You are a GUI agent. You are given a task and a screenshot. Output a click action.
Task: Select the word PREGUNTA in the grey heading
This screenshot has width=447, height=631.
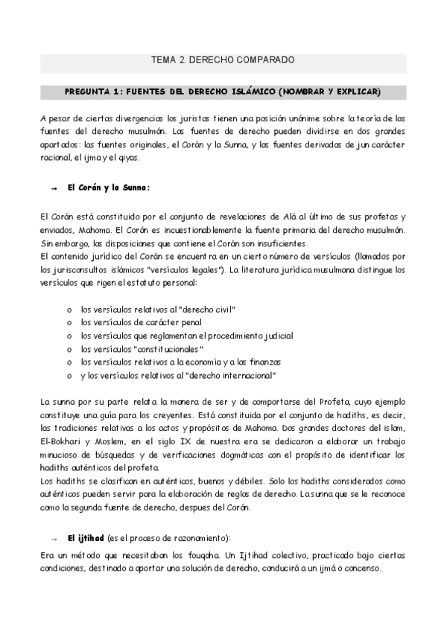[x=89, y=92]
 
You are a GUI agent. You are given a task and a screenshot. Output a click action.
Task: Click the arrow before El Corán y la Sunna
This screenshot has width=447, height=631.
[x=54, y=189]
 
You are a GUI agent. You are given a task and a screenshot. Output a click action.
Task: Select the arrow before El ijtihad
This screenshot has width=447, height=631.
[x=54, y=538]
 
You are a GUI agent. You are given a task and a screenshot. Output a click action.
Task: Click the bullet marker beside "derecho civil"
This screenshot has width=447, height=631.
[x=69, y=309]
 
